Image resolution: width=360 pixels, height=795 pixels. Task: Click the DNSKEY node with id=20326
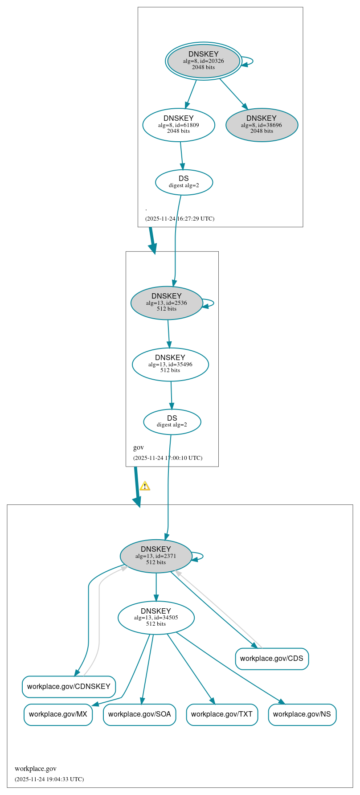(204, 61)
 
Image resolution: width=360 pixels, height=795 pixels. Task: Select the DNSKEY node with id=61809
(179, 125)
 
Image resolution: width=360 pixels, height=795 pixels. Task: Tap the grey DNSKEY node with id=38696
(262, 125)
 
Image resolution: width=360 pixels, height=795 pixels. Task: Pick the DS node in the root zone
(184, 182)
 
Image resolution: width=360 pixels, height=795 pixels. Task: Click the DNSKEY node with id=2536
(167, 303)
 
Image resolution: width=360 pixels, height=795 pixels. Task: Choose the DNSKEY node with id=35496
(170, 364)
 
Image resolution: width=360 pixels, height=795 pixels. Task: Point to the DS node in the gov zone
(172, 422)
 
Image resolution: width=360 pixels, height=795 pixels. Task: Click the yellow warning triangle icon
(145, 486)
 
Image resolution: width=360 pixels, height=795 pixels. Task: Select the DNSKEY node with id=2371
(156, 556)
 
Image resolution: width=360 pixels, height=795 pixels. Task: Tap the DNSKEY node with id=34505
(156, 617)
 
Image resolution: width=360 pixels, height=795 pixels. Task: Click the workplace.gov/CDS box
(272, 659)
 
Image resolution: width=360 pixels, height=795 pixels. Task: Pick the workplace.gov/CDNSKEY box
(69, 687)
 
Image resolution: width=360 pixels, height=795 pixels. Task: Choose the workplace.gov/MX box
(58, 714)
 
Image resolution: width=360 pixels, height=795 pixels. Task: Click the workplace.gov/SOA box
(139, 714)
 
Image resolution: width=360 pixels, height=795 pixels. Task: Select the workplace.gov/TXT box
(222, 714)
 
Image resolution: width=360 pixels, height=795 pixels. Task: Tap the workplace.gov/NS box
(302, 714)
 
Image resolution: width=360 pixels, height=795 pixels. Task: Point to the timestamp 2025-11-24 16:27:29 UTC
(180, 219)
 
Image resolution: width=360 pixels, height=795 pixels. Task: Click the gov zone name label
(139, 447)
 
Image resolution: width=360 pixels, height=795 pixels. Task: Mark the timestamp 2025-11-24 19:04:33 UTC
(49, 779)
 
